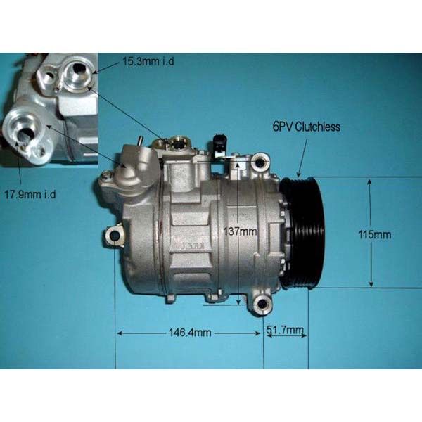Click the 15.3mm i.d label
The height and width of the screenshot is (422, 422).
pyautogui.click(x=148, y=61)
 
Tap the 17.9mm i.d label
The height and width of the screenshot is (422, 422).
pyautogui.click(x=30, y=194)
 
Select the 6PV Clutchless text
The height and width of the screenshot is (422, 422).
pyautogui.click(x=307, y=127)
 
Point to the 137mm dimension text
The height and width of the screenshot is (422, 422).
pyautogui.click(x=240, y=231)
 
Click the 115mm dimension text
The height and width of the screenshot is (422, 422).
pyautogui.click(x=375, y=235)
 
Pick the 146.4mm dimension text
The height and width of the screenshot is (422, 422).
pyautogui.click(x=190, y=333)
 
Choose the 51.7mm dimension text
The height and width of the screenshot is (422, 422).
pyautogui.click(x=285, y=329)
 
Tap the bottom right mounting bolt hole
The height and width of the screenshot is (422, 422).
pyautogui.click(x=262, y=305)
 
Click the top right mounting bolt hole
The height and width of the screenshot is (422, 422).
pyautogui.click(x=259, y=162)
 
